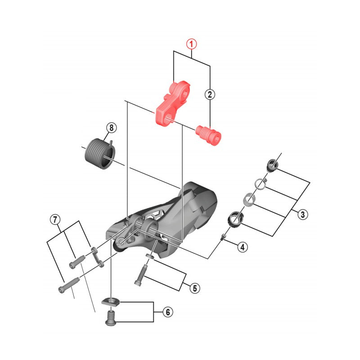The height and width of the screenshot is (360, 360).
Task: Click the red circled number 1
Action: (x=192, y=44)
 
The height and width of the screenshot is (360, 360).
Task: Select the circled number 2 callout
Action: (x=210, y=94)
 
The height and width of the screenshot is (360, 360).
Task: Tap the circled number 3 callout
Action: (x=302, y=215)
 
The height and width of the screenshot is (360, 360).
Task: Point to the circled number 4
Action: (x=243, y=247)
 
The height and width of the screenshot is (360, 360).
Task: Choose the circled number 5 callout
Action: (x=195, y=288)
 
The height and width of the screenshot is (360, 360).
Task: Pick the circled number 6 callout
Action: (x=168, y=312)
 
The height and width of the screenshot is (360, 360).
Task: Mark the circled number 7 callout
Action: (x=55, y=220)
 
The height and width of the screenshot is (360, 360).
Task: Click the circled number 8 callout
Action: (x=111, y=128)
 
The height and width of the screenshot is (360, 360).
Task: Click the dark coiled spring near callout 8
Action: (x=99, y=153)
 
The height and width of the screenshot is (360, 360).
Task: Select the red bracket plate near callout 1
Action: (x=172, y=103)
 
